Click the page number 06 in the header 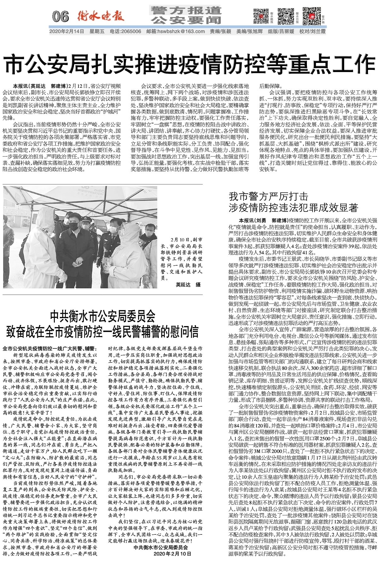60,16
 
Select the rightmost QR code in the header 309,15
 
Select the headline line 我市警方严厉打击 268,197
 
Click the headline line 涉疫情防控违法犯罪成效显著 293,208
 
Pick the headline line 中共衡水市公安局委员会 103,315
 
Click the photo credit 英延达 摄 188,285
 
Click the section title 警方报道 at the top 186,10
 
